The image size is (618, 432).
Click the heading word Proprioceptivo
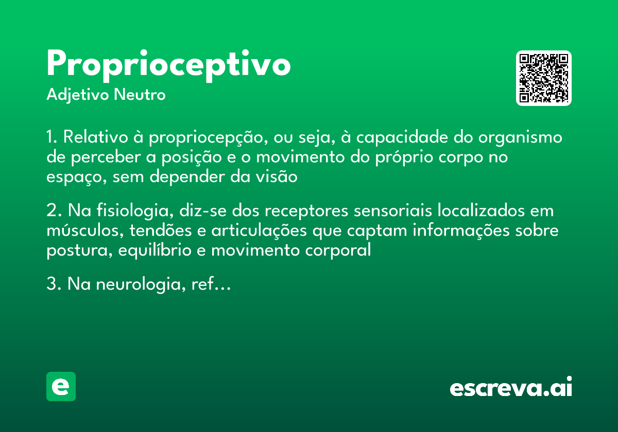168,65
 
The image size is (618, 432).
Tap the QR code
544,78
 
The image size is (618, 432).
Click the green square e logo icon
61,386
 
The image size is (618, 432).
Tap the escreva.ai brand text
511,387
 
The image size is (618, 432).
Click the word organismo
520,138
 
